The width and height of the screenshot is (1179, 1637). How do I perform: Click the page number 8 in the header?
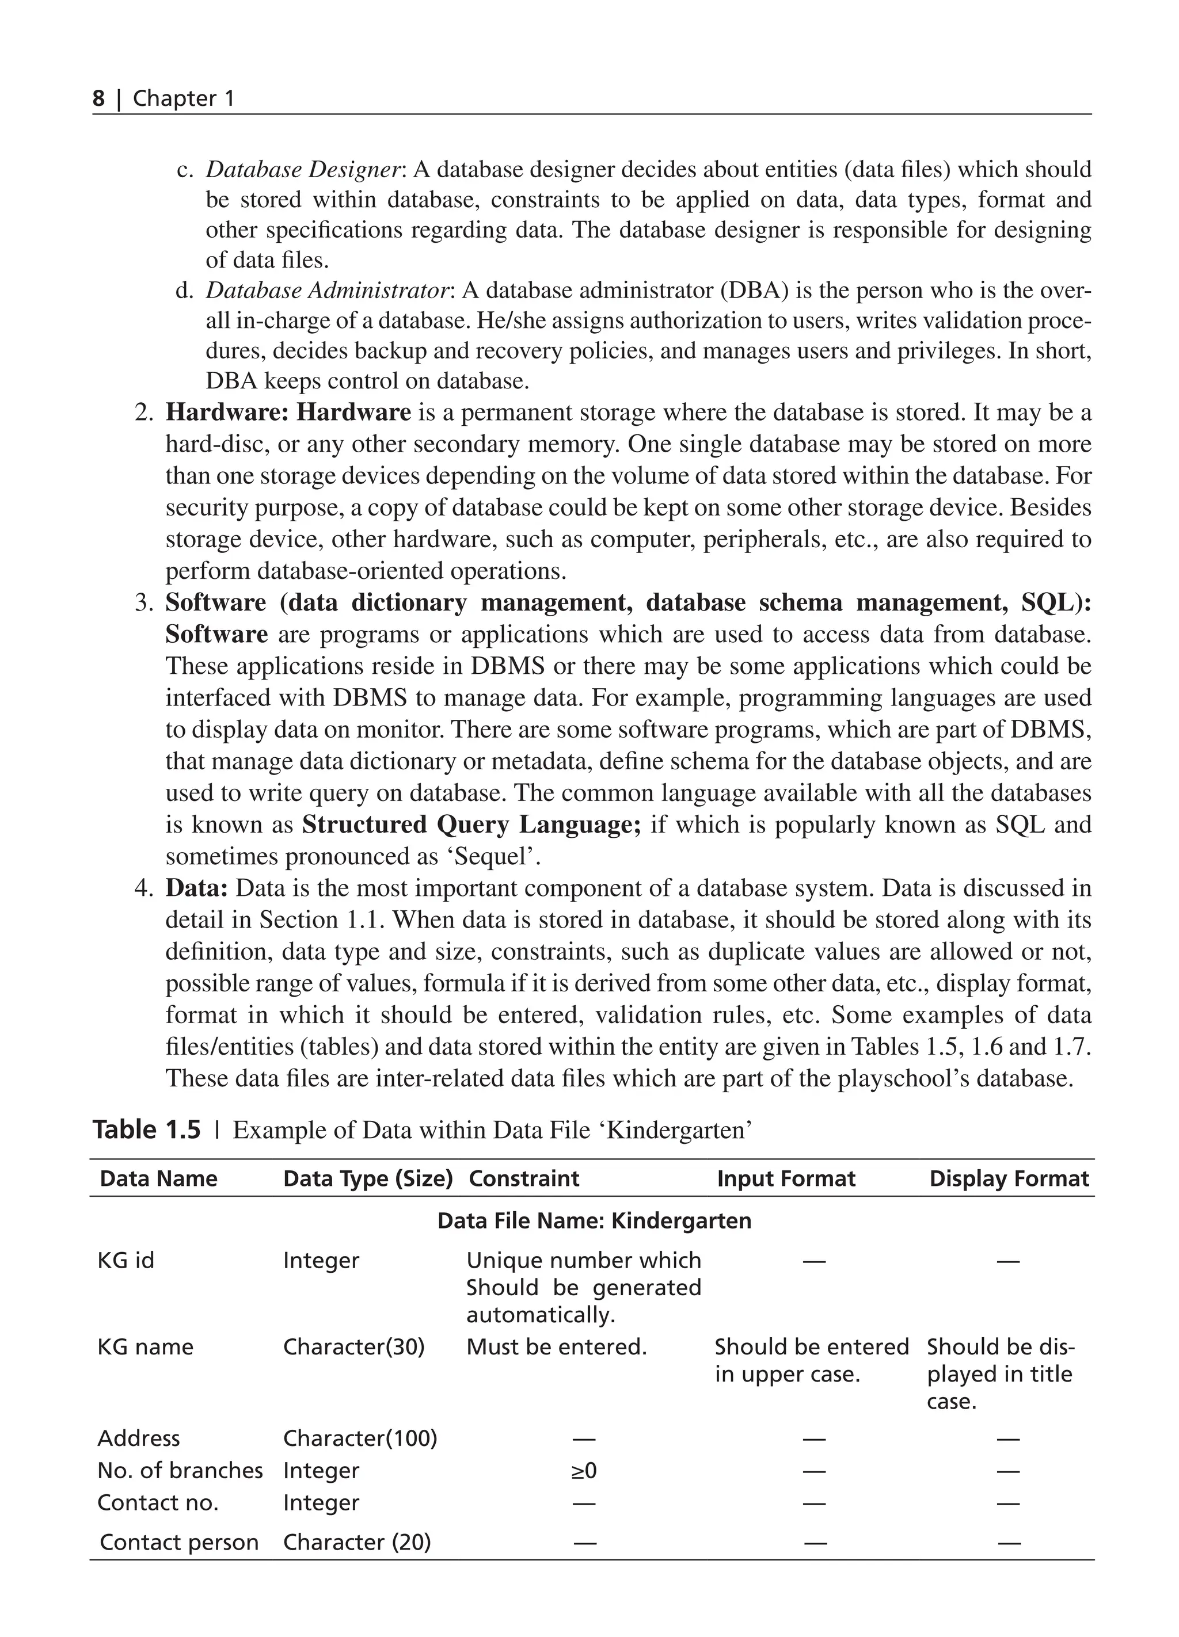(98, 98)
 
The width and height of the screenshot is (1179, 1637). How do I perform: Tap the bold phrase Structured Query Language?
(471, 825)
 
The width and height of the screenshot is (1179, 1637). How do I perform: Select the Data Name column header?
(158, 1178)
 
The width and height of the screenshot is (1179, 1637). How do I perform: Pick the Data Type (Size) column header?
(367, 1178)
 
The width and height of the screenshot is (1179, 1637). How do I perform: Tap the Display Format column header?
(1009, 1178)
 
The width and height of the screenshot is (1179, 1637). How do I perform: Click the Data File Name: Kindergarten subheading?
(594, 1220)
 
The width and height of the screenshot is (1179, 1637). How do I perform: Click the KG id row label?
(125, 1260)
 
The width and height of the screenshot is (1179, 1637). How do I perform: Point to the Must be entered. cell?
(556, 1347)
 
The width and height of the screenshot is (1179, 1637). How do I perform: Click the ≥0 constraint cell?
(584, 1470)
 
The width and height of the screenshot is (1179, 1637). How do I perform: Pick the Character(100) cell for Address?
(360, 1438)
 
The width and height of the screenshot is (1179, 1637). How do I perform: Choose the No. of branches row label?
(180, 1470)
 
